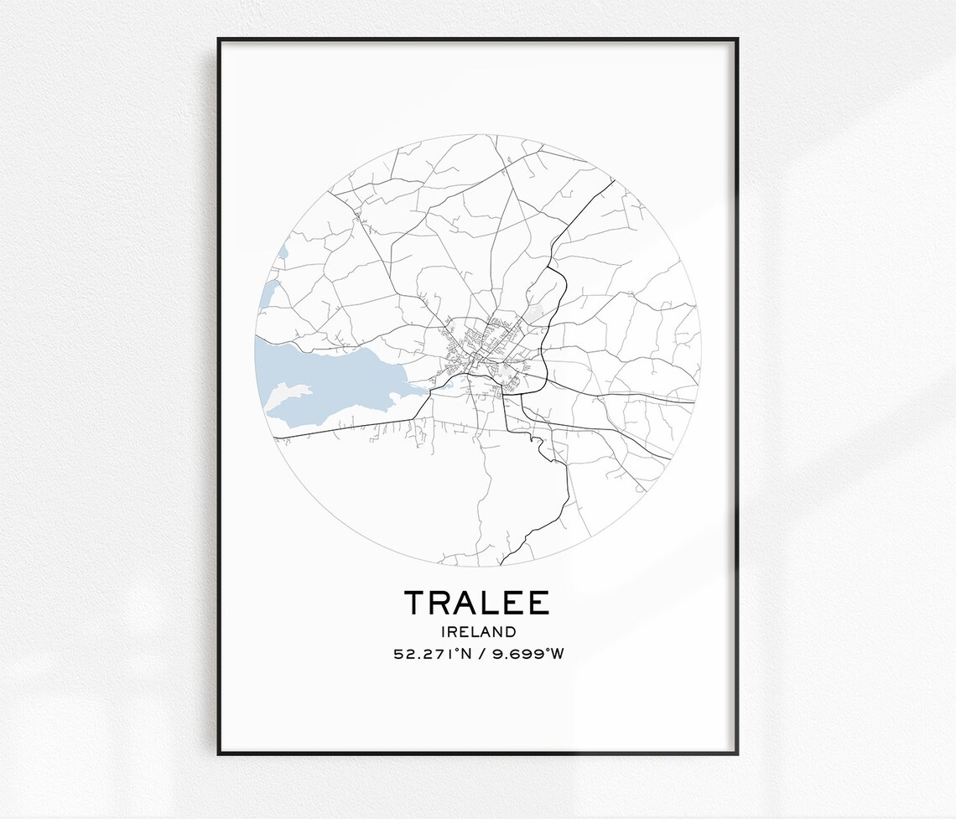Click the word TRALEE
[x=477, y=603]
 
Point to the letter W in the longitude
[x=556, y=653]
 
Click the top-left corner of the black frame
[x=219, y=39]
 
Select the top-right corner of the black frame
[x=736, y=39]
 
